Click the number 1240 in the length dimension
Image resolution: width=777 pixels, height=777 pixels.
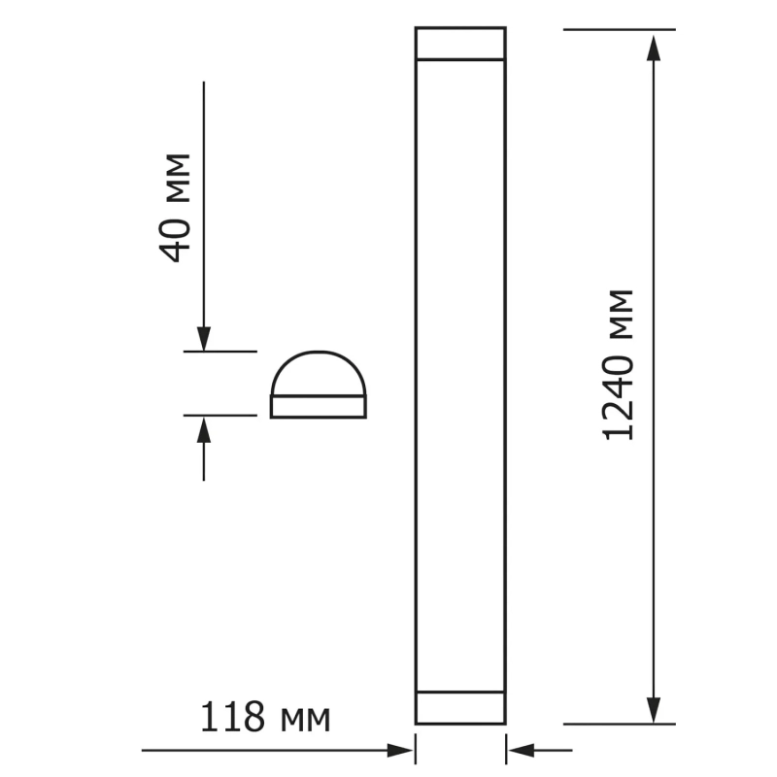(x=618, y=397)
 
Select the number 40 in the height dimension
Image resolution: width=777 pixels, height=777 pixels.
(x=175, y=240)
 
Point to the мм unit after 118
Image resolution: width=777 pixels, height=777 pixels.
(x=305, y=720)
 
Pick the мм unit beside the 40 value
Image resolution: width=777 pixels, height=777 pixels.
(x=178, y=179)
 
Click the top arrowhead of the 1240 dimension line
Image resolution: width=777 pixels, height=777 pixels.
(x=654, y=48)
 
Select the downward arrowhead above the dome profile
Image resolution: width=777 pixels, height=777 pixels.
(x=204, y=339)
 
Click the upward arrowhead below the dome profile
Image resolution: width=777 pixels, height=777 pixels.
(x=204, y=429)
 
